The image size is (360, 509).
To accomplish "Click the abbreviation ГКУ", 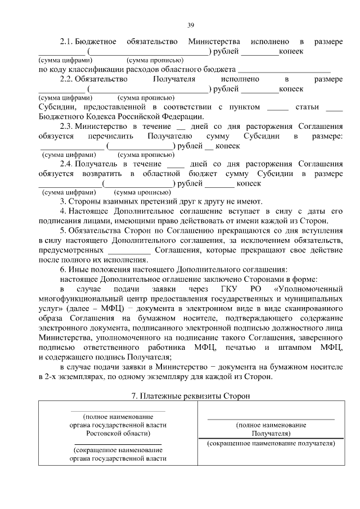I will pyautogui.click(x=215, y=289).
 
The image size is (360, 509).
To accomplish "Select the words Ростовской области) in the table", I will pyautogui.click(x=118, y=434).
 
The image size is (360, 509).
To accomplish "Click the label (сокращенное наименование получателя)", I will pyautogui.click(x=271, y=444).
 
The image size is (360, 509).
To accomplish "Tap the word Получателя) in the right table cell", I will pyautogui.click(x=271, y=434).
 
